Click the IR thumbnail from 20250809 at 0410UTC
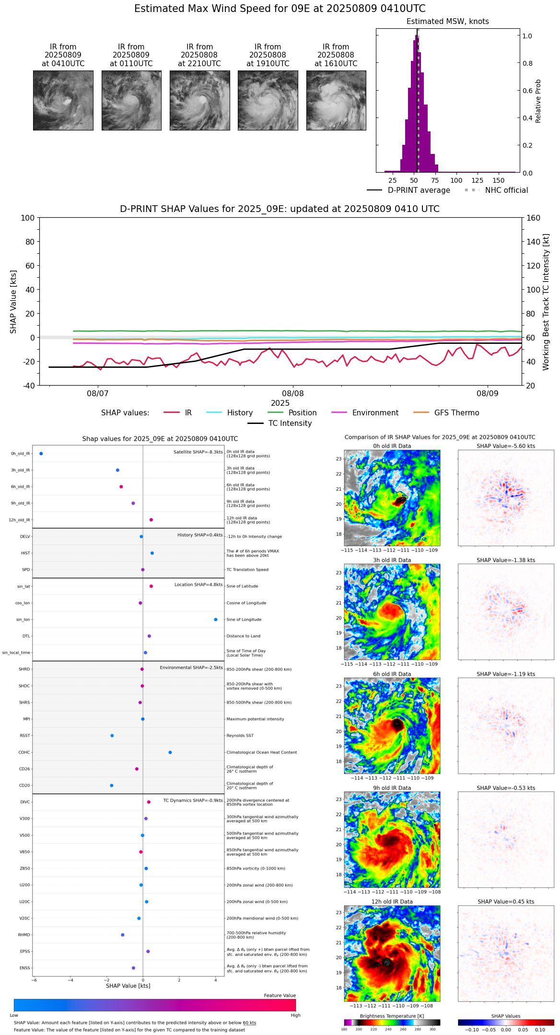63,100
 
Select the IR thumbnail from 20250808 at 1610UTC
336,100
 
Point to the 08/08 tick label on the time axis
292,393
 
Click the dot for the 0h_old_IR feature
41,454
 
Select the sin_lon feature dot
216,620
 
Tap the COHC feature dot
170,753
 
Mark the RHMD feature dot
123,935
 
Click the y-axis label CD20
24,786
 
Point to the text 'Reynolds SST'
240,736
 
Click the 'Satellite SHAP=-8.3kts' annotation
198,452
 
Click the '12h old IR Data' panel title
392,902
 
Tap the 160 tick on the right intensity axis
533,218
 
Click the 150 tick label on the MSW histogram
499,181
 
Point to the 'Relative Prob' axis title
538,101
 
